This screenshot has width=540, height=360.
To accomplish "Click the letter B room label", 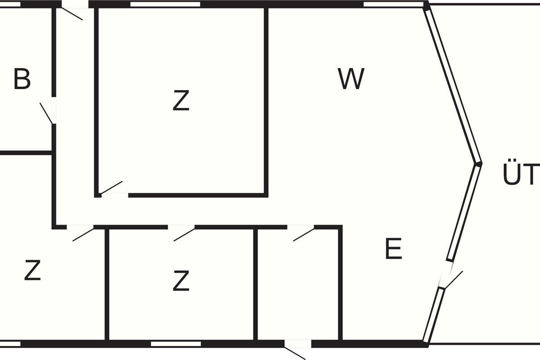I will coord(22,79).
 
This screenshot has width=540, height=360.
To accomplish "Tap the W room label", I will coord(351,79).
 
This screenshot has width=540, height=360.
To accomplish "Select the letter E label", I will coord(394,249).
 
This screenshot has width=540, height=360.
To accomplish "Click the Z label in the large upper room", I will coord(181,101).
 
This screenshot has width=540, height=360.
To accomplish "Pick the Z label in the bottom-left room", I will coord(32,270).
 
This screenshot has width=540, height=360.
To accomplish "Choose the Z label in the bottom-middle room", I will coord(181,281).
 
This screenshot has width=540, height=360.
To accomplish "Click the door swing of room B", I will coord(47,113).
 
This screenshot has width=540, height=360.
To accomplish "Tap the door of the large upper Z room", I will coord(111,188).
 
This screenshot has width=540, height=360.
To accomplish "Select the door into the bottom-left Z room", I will coord(83,234).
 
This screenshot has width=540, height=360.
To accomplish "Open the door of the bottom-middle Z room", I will coord(184,234).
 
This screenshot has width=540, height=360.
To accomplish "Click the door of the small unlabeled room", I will coord(303,234).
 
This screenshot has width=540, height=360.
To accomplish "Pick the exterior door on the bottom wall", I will coord(295,351).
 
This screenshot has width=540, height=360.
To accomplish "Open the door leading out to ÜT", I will coord(452,279).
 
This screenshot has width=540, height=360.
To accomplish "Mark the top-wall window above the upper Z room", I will coord(165,4).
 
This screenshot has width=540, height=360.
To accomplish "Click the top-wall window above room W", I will coord(393,4).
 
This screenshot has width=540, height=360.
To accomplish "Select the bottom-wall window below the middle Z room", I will coord(175,344).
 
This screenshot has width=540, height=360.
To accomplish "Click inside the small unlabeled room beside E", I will coord(299,288).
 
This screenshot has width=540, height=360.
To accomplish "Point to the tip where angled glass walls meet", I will coord(479,163).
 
